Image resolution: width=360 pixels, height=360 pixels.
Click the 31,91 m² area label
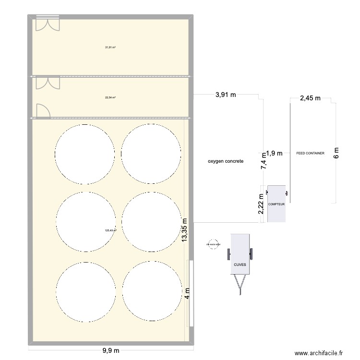(110, 48)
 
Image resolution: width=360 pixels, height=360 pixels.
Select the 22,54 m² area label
(110, 97)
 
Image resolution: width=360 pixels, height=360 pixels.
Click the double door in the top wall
(47, 24)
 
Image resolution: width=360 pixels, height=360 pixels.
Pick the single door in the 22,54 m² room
(42, 111)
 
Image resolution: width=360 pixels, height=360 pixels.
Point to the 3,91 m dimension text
(225, 95)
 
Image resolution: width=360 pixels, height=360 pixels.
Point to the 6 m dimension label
(336, 153)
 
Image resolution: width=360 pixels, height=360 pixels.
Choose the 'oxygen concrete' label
(226, 162)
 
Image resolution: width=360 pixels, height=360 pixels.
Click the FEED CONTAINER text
(311, 154)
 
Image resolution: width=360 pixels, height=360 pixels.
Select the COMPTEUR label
(277, 204)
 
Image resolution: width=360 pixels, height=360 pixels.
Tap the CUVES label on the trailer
(240, 264)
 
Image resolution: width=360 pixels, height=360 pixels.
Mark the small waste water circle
(213, 244)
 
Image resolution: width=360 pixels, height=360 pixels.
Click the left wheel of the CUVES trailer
(229, 254)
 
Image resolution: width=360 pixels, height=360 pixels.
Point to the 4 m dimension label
(188, 293)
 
